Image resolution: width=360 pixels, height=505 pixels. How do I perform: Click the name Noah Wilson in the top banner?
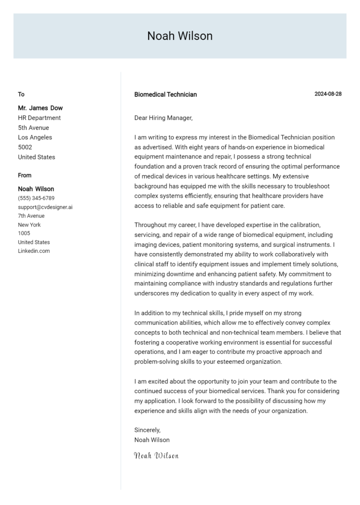[x=180, y=36]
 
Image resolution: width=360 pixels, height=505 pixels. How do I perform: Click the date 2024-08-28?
[x=328, y=94]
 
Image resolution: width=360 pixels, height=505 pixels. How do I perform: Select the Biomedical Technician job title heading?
[x=165, y=94]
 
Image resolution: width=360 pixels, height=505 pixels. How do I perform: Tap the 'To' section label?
[x=21, y=94]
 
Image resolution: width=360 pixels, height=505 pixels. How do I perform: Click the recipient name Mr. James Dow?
[x=40, y=108]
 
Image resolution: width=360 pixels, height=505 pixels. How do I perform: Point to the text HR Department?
[x=39, y=118]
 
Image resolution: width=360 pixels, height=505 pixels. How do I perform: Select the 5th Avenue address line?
[x=33, y=127]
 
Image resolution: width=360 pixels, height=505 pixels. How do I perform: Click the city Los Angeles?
[x=35, y=137]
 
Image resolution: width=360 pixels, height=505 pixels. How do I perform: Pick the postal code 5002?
[x=25, y=147]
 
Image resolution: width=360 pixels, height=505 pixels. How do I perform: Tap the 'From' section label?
[x=25, y=175]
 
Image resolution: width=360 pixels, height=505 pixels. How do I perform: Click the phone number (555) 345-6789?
[x=36, y=198]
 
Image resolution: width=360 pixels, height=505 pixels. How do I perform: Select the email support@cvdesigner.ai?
[x=45, y=207]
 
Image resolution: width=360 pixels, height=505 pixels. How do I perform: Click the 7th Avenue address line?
[x=31, y=216]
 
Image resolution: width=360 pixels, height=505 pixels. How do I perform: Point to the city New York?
[x=29, y=225]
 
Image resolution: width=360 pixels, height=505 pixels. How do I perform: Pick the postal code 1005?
[x=24, y=233]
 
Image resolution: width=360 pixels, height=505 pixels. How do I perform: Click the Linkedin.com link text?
[x=34, y=251]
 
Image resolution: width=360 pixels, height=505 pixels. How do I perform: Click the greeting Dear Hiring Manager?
[x=163, y=118]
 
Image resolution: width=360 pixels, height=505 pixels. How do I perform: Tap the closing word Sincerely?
[x=147, y=430]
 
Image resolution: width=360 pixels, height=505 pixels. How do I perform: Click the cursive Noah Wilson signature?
[x=156, y=455]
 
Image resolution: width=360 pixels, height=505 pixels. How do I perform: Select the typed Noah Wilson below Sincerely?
[x=152, y=440]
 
